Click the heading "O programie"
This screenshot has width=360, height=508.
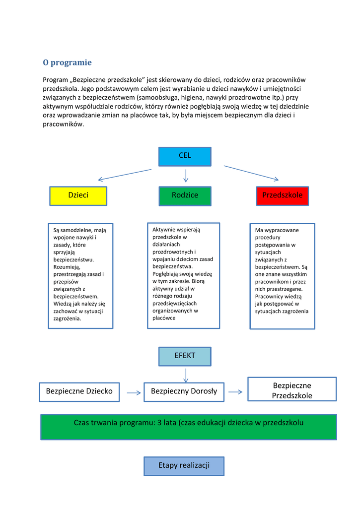[67, 63]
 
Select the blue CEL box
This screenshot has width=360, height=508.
[185, 156]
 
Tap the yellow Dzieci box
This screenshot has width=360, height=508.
[78, 195]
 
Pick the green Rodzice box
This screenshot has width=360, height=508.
[185, 195]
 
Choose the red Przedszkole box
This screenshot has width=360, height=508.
[283, 195]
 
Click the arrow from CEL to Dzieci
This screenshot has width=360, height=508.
[125, 175]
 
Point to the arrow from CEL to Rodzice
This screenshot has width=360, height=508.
[185, 176]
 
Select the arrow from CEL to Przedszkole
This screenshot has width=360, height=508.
[251, 173]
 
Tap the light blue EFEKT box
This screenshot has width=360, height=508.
[185, 356]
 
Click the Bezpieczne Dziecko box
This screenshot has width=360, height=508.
[79, 391]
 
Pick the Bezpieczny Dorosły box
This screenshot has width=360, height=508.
[184, 391]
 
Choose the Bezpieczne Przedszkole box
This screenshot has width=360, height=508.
[292, 390]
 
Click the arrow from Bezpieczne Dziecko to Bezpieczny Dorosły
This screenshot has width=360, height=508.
[134, 392]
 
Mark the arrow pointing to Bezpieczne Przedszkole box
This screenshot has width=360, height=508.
[235, 392]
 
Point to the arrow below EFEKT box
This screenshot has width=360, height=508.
[185, 375]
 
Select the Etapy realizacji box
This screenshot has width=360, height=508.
[184, 466]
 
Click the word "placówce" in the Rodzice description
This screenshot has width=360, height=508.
[164, 318]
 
